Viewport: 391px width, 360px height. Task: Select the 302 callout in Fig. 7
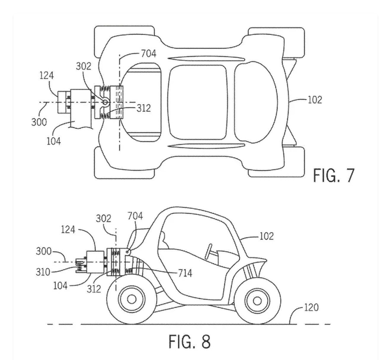tap(84, 66)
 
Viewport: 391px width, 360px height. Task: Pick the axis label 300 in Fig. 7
tap(39, 122)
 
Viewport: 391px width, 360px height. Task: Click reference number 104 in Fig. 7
tap(54, 141)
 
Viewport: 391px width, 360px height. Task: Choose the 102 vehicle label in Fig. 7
tap(314, 100)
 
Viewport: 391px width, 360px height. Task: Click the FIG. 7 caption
tap(334, 175)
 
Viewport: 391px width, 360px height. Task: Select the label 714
tap(185, 273)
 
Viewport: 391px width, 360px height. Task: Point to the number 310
tap(43, 272)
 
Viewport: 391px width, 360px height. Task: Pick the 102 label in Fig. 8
tap(266, 236)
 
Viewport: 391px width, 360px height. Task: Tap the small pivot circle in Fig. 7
tap(105, 102)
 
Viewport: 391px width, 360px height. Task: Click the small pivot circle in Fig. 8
tap(128, 251)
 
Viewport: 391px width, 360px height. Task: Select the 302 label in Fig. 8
tap(103, 219)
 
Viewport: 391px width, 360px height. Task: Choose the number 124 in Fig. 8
tap(68, 230)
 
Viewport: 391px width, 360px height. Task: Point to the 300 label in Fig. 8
tap(44, 252)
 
